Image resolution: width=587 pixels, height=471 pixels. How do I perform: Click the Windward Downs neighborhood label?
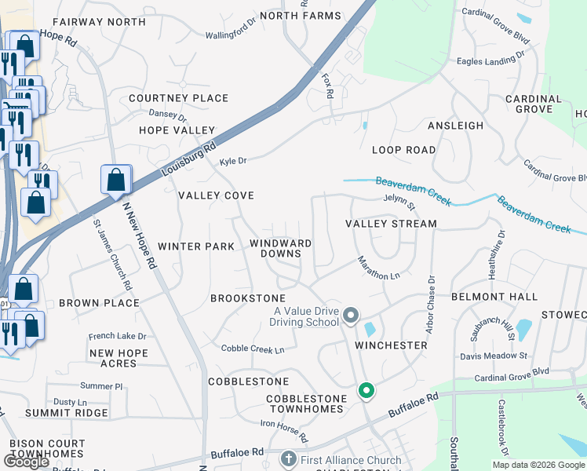[x=281, y=248]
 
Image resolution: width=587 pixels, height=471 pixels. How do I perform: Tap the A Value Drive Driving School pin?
[x=351, y=316]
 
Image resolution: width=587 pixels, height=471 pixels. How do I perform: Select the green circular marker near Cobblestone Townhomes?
[x=366, y=389]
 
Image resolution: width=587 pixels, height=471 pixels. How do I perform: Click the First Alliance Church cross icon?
[x=288, y=458]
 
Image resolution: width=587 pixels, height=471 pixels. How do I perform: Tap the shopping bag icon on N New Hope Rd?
[x=116, y=180]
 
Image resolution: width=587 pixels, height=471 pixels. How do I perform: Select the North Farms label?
[x=300, y=16]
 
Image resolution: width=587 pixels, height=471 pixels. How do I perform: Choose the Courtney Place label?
[x=178, y=98]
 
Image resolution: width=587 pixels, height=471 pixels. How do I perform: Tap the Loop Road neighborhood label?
[x=403, y=149]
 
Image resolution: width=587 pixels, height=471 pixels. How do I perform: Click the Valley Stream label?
[x=391, y=224]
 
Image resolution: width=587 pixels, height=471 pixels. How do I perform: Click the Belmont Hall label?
[x=494, y=297]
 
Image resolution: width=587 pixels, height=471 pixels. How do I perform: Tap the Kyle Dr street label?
[x=233, y=161]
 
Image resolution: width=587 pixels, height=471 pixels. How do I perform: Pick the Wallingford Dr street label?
[x=231, y=35]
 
